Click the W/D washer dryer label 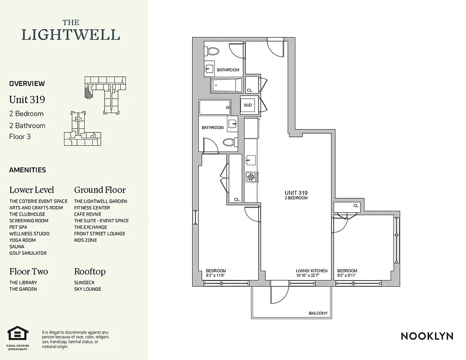[248, 105]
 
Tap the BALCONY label [318, 313]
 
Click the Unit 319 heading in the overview [27, 99]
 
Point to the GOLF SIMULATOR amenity [28, 253]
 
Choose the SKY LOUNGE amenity [88, 289]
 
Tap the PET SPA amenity [18, 227]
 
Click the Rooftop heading [90, 271]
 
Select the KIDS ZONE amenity [86, 240]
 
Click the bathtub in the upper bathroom [226, 85]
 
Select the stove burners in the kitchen [251, 177]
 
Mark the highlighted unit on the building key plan [88, 93]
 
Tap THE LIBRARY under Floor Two [23, 283]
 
